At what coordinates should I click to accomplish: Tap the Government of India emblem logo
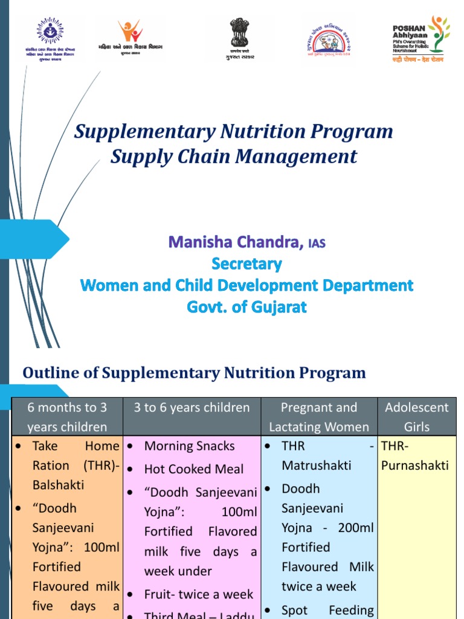pyautogui.click(x=237, y=37)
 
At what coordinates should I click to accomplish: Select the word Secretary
pyautogui.click(x=246, y=264)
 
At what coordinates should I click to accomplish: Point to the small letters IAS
pyautogui.click(x=317, y=244)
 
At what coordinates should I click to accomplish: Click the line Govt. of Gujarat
pyautogui.click(x=246, y=307)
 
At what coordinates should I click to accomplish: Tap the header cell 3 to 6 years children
pyautogui.click(x=192, y=407)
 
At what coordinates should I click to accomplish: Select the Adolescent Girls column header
pyautogui.click(x=417, y=417)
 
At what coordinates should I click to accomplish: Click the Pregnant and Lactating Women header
pyautogui.click(x=319, y=417)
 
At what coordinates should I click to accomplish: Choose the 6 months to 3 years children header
pyautogui.click(x=67, y=417)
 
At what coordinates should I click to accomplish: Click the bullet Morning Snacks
pyautogui.click(x=190, y=446)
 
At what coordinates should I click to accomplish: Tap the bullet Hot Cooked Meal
pyautogui.click(x=194, y=469)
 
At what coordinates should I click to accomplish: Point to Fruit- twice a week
pyautogui.click(x=199, y=594)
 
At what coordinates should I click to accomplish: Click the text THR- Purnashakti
pyautogui.click(x=415, y=456)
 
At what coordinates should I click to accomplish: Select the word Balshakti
pyautogui.click(x=58, y=485)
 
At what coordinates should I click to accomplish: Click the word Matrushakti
pyautogui.click(x=317, y=466)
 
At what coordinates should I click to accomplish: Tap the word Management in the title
pyautogui.click(x=296, y=157)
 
